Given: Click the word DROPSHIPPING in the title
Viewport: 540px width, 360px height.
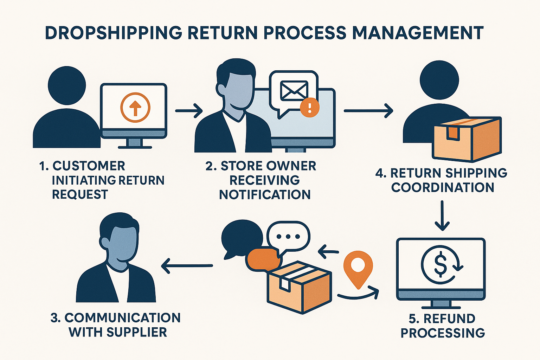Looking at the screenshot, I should tap(113, 33).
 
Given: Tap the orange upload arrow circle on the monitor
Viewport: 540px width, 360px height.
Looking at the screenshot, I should tap(135, 108).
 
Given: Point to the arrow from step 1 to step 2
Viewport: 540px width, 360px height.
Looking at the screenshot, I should tap(189, 111).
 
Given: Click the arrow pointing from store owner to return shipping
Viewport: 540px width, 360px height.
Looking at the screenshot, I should tap(368, 111).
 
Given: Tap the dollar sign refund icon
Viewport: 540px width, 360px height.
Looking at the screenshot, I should tap(441, 265).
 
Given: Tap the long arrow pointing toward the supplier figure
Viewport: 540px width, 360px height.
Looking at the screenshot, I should tap(187, 265).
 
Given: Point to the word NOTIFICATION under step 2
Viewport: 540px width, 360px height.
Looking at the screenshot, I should tap(265, 194).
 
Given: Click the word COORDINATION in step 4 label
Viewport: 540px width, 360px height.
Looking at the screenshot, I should tap(443, 187).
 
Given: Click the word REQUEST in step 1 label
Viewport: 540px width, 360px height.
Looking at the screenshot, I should tap(80, 194).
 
